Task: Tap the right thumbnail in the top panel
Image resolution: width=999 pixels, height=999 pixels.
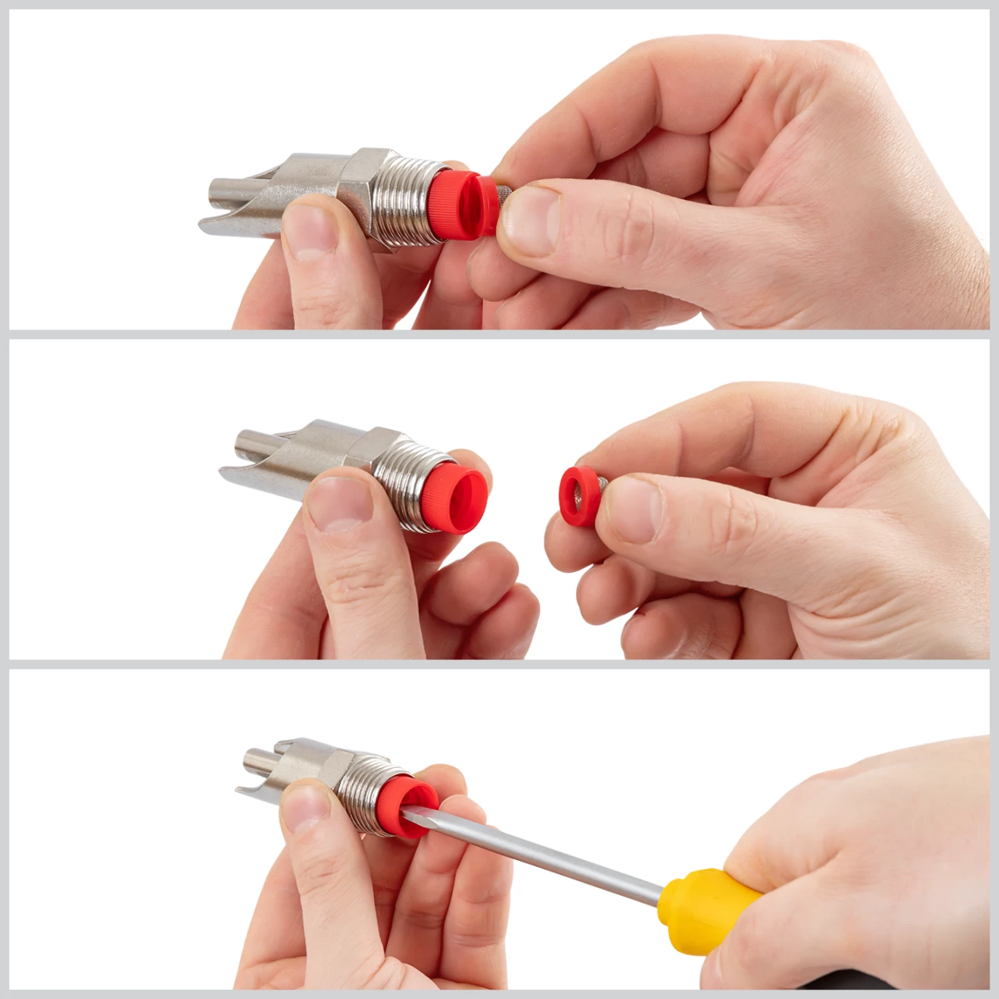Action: click(x=531, y=221)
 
